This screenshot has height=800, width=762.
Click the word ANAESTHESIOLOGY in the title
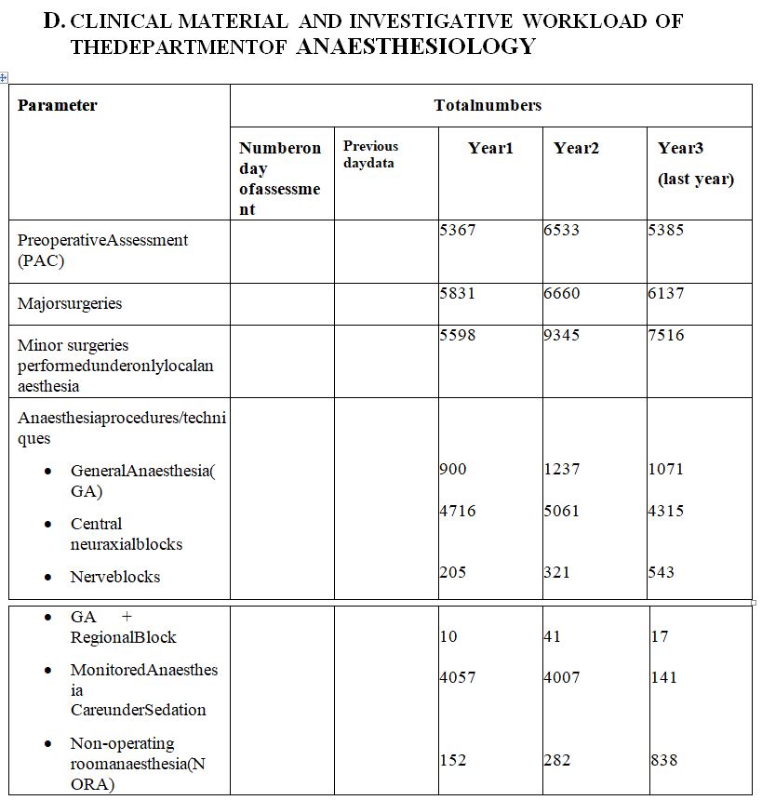pyautogui.click(x=416, y=46)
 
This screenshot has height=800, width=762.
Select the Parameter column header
pyautogui.click(x=57, y=105)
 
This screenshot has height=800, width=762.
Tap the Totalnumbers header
pyautogui.click(x=488, y=105)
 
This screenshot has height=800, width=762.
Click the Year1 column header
pyautogui.click(x=490, y=148)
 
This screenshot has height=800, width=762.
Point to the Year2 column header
pyautogui.click(x=576, y=148)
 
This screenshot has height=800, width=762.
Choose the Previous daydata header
pyautogui.click(x=369, y=154)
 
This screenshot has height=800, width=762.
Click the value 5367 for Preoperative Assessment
pyautogui.click(x=457, y=230)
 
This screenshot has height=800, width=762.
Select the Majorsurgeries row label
pyautogui.click(x=70, y=303)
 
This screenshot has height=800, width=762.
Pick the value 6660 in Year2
pyautogui.click(x=561, y=293)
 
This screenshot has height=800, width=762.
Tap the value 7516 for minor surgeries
pyautogui.click(x=665, y=335)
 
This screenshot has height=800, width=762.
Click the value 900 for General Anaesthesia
pyautogui.click(x=453, y=469)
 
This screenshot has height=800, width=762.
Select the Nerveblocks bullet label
pyautogui.click(x=114, y=577)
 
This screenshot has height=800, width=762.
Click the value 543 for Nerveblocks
pyautogui.click(x=662, y=572)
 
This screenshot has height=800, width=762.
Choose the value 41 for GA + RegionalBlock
pyautogui.click(x=553, y=636)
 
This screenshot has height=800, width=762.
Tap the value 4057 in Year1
pyautogui.click(x=457, y=677)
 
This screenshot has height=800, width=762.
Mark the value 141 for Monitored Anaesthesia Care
pyautogui.click(x=662, y=677)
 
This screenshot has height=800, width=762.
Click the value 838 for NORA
pyautogui.click(x=663, y=760)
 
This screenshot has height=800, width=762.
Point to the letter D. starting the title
pyautogui.click(x=55, y=20)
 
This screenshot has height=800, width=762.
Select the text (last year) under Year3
pyautogui.click(x=696, y=179)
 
